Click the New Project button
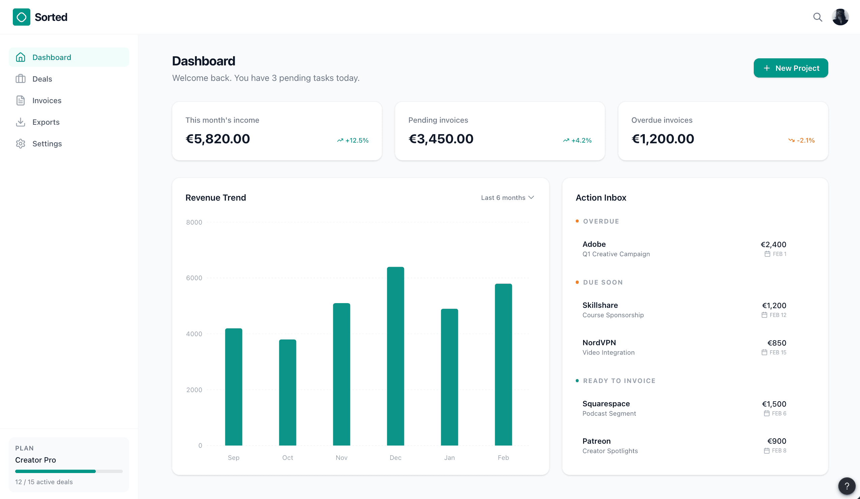click(791, 68)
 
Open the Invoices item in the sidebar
click(47, 100)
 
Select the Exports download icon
click(21, 122)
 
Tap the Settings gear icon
click(21, 144)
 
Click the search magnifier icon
click(818, 17)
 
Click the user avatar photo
click(840, 17)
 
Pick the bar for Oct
click(287, 392)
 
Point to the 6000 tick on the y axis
click(194, 278)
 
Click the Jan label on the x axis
click(449, 458)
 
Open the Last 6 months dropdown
click(507, 198)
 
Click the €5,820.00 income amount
click(218, 139)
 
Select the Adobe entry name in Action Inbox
click(594, 244)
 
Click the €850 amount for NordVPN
click(776, 343)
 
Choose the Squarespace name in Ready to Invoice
click(606, 404)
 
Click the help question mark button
click(847, 486)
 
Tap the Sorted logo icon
click(22, 17)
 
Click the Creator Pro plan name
click(35, 460)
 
